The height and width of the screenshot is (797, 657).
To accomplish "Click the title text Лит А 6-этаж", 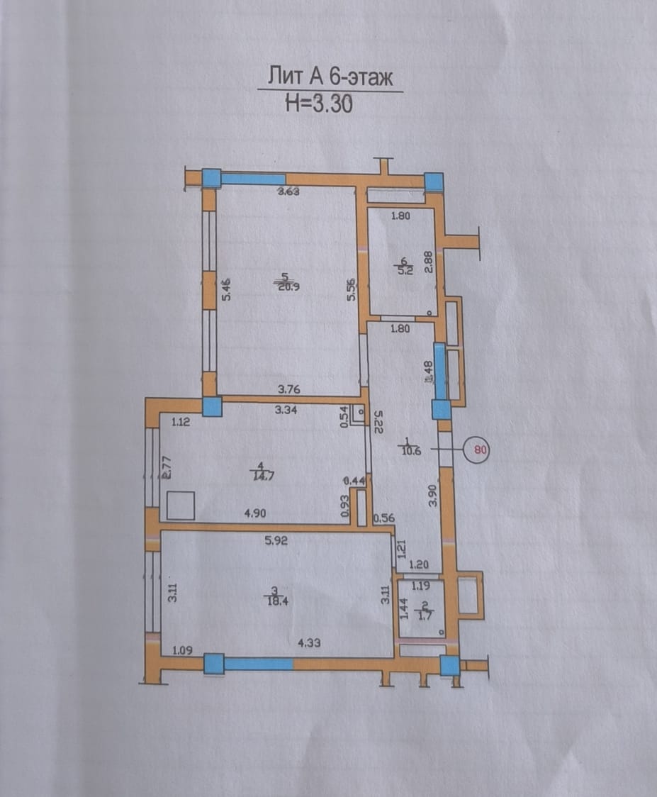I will (330, 76).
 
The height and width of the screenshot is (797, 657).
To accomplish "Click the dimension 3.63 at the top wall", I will (290, 191).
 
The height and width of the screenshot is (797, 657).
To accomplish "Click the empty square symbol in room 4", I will (180, 507).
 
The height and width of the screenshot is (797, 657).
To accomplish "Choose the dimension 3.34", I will (287, 408).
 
